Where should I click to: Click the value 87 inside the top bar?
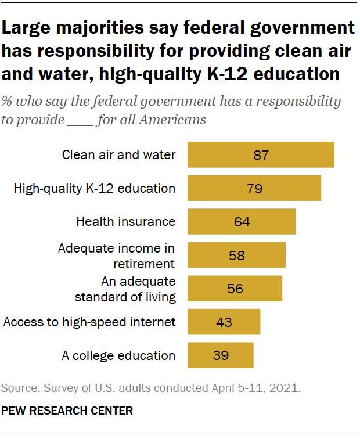pos(261,155)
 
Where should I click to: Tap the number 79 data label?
pos(254,189)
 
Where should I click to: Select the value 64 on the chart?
pos(242,222)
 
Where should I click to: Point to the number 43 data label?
pos(224,322)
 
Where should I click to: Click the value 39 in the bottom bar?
pos(221,355)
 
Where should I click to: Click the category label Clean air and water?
pos(118,155)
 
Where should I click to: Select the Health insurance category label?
pos(125,222)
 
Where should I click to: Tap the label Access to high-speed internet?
pos(89,322)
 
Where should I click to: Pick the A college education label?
pos(118,355)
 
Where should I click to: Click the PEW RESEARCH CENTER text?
pos(67,411)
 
